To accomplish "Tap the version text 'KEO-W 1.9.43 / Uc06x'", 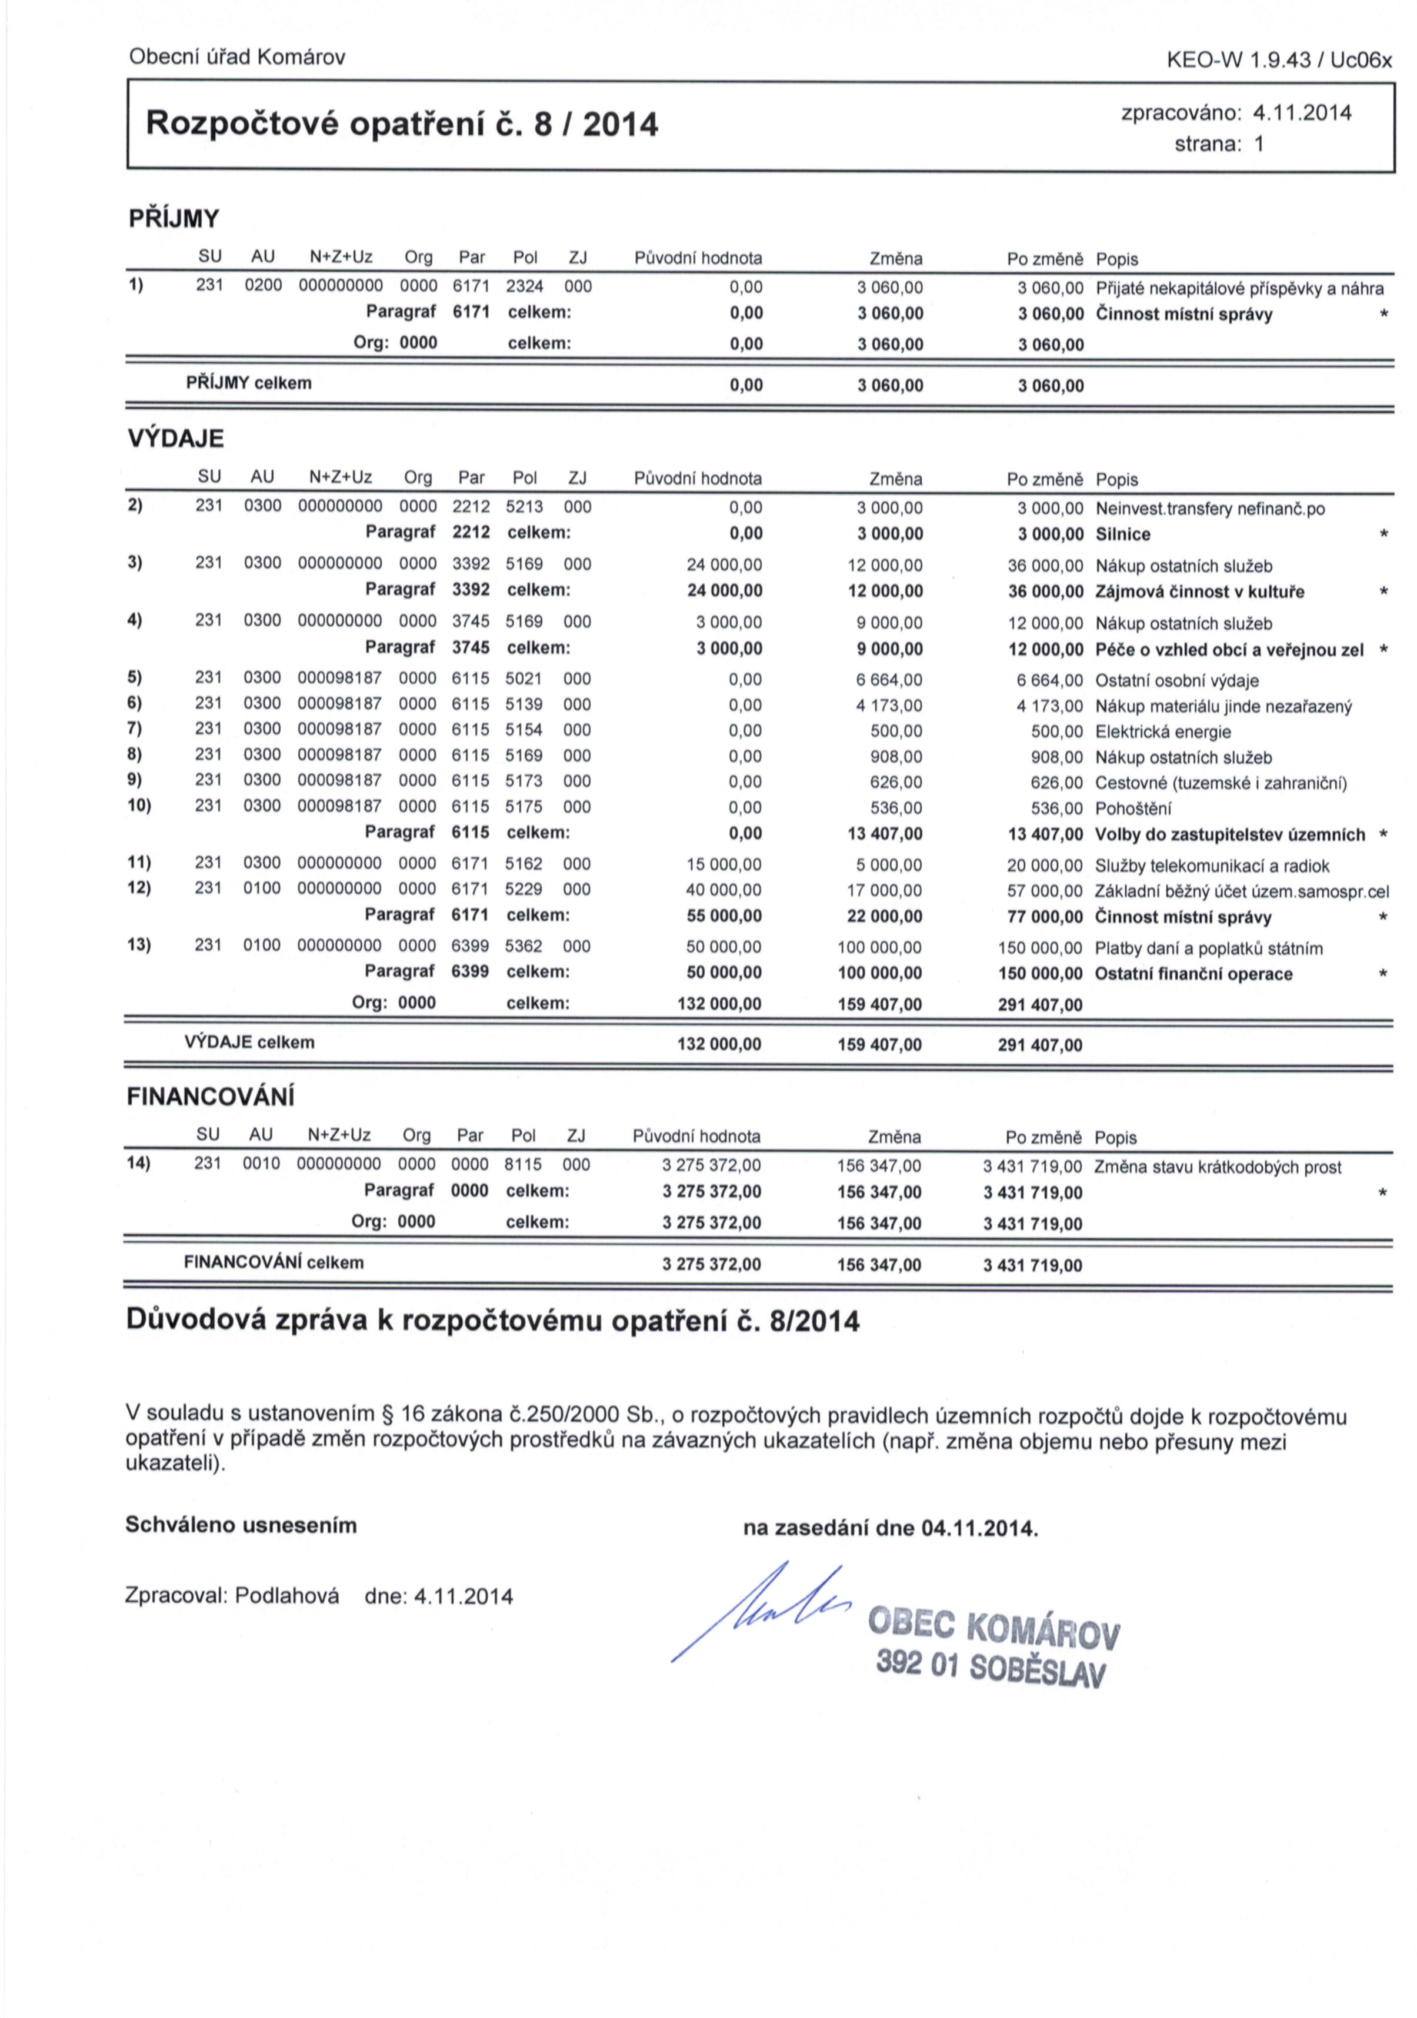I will pos(1278,60).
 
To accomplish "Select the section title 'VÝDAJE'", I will pos(176,439).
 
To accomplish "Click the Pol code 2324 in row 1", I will pos(525,286).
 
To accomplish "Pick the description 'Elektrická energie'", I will pos(1162,732).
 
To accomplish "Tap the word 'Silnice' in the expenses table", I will pos(1122,534).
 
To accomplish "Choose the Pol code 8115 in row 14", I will pos(523,1165).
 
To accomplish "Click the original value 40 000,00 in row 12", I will pos(723,890).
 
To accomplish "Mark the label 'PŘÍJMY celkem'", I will pos(249,383).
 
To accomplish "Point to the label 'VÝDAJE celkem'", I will pos(249,1043).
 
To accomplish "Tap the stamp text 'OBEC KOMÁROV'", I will pos(993,1627).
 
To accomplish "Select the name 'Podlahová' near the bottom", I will pos(288,1596).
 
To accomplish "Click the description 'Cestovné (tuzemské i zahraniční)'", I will pos(1220,783).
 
